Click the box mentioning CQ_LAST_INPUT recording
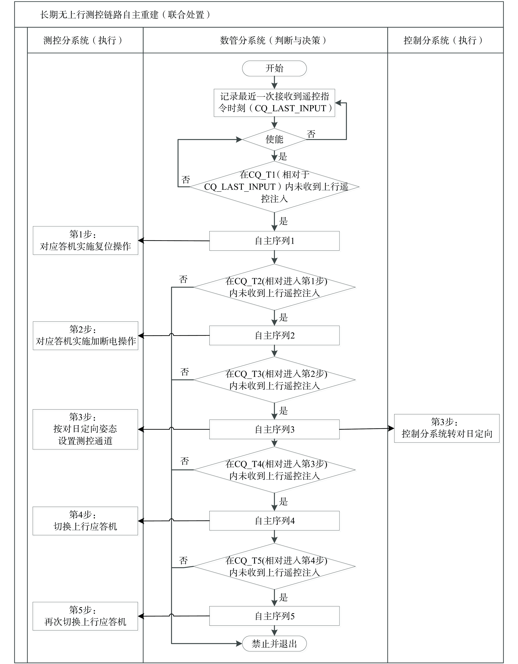274,103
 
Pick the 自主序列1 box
274,241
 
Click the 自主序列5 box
274,616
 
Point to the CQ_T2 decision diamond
274,287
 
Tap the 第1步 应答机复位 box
86,240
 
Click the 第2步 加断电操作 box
86,336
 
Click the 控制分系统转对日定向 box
447,428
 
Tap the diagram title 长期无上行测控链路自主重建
125,15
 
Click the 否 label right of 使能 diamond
311,134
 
